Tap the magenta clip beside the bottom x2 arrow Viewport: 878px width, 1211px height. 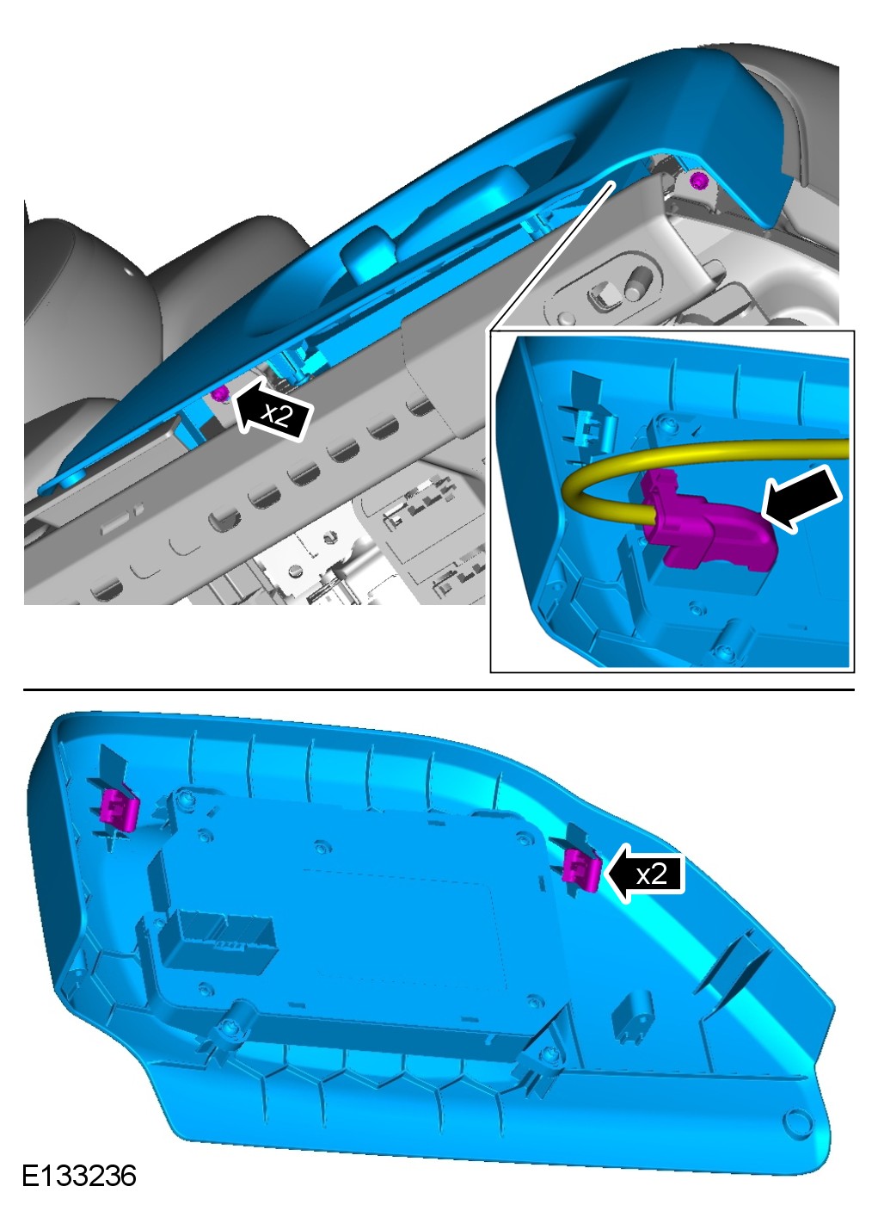point(580,868)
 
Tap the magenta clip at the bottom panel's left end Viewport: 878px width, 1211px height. point(120,808)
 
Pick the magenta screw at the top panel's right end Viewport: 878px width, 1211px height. point(700,181)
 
